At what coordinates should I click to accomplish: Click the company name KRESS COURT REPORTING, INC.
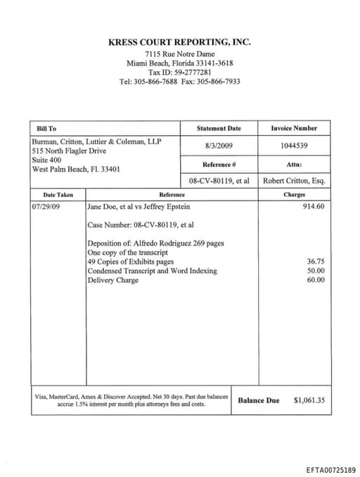coord(180,42)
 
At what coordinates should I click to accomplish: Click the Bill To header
coord(46,129)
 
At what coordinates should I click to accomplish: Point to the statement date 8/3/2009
coord(219,146)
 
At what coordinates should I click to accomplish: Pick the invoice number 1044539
coord(294,146)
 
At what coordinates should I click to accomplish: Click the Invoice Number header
coord(294,128)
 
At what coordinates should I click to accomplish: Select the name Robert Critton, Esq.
coord(294,180)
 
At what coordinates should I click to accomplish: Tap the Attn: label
coord(294,164)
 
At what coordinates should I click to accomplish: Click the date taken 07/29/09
coord(46,207)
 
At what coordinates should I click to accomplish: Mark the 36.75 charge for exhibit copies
coord(316,261)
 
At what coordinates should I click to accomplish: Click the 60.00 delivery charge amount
coord(316,279)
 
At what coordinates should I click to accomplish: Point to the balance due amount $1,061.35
coord(309,400)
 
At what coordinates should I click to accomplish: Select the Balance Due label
coord(258,400)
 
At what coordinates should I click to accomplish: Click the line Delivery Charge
coord(112,280)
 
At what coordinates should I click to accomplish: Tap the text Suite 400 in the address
coord(47,160)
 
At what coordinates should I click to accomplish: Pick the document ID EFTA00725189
coord(330,469)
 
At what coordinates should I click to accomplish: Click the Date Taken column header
coord(58,194)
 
